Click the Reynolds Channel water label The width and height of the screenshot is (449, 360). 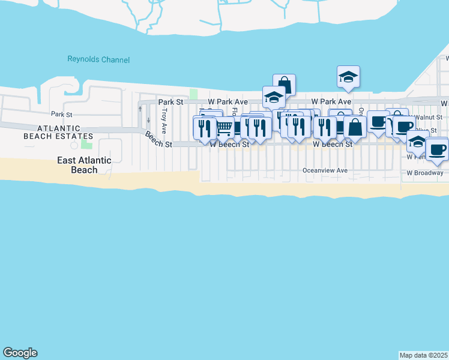coord(98,59)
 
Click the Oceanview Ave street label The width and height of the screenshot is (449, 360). coord(325,170)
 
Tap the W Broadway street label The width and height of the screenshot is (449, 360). coord(424,173)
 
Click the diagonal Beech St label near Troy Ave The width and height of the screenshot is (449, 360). coord(158,140)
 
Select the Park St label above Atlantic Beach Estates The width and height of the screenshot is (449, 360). coord(61,114)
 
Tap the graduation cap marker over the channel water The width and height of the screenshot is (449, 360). coord(348,77)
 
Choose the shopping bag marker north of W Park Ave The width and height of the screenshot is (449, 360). coord(284,85)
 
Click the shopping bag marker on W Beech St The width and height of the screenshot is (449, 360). coord(355,127)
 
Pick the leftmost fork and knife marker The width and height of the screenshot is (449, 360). coord(204,128)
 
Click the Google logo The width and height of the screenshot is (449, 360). coord(20,353)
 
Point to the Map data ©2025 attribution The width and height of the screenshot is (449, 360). coord(424,355)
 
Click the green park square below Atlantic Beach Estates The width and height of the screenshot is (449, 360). coord(87,144)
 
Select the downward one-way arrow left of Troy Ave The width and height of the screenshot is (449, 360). coord(148,118)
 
